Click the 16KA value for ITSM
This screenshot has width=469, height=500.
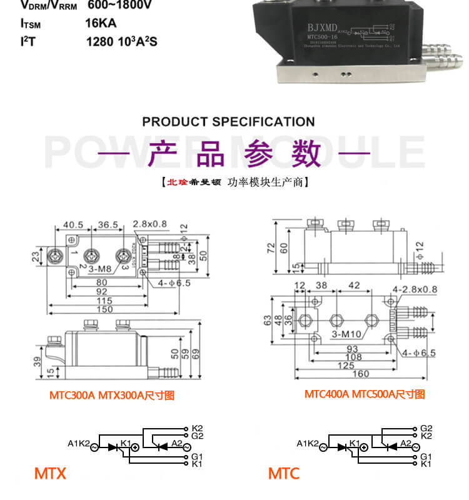(101, 24)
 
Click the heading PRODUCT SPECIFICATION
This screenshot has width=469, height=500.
(228, 121)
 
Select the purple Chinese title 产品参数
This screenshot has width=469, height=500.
(234, 153)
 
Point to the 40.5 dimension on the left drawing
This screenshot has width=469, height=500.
(73, 224)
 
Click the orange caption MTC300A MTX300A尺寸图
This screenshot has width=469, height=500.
(112, 395)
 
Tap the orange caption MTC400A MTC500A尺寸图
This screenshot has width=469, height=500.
(365, 394)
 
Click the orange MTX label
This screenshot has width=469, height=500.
(50, 473)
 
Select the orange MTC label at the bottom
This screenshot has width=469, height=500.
(284, 473)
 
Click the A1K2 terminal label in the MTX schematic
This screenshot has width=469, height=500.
(79, 444)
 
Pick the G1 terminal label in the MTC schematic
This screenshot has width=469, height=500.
(426, 457)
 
